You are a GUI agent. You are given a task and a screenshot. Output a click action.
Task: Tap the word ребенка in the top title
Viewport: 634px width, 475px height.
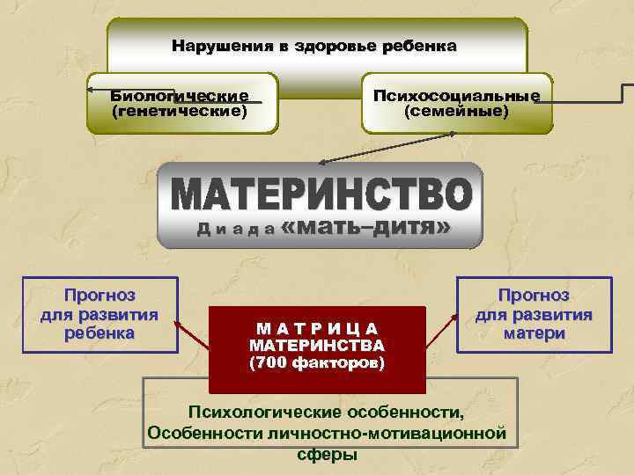[419, 46]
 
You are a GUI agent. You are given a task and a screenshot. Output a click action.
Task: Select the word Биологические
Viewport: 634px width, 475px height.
[179, 96]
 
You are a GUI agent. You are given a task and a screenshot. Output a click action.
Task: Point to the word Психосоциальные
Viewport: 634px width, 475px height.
[456, 96]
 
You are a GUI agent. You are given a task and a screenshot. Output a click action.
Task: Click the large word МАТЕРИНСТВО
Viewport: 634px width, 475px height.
[321, 194]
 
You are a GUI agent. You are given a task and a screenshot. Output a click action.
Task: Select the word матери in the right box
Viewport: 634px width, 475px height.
[534, 333]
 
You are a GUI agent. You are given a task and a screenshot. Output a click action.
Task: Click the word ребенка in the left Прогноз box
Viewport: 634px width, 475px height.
[99, 333]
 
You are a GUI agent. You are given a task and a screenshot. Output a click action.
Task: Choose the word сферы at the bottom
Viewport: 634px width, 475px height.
[328, 455]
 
